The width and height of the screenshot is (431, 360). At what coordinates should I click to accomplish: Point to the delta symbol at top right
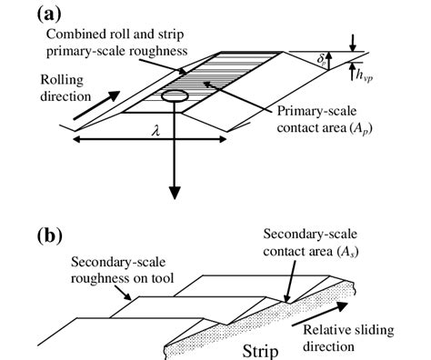point(333,61)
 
